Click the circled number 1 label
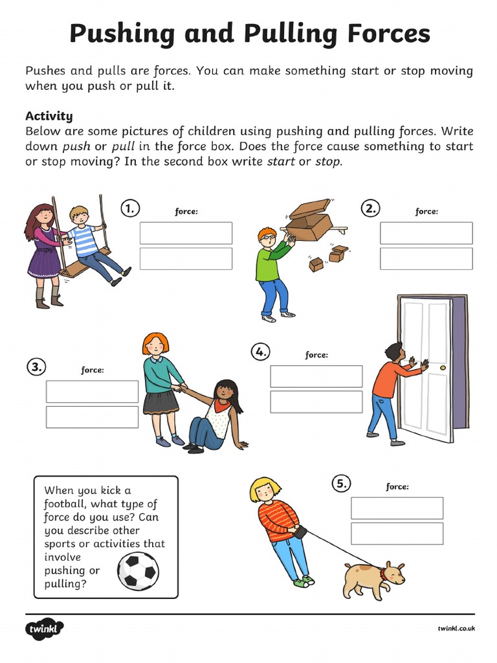pos(130,208)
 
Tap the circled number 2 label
pos(370,208)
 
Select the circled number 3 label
pos(36,367)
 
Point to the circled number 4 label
pos(260,352)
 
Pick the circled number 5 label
pos(341,483)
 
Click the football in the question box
pos(138,571)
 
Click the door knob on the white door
pos(443,367)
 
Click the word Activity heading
pos(49,116)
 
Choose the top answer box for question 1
pos(186,233)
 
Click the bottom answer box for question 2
pos(426,258)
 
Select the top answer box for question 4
pos(316,376)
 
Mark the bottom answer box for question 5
pos(397,534)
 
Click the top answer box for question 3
pos(92,392)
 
